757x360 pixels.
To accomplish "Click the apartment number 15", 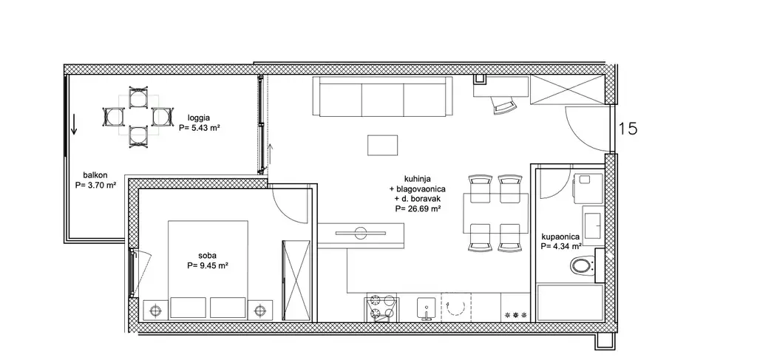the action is (x=628, y=129).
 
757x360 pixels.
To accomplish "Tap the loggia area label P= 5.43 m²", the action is (x=200, y=128).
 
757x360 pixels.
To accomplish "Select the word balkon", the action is (x=95, y=176).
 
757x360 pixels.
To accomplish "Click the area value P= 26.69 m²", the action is (x=418, y=209).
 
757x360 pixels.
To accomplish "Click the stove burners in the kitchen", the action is (x=382, y=308).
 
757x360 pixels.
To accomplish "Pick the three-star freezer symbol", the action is (x=516, y=315).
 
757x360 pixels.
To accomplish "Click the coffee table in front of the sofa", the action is (x=382, y=145).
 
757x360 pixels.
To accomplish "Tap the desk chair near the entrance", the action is (x=503, y=105).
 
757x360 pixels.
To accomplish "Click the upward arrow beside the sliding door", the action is (x=271, y=154).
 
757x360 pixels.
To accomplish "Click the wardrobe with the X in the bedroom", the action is (x=297, y=280).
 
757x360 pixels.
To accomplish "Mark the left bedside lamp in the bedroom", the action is (x=155, y=310).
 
